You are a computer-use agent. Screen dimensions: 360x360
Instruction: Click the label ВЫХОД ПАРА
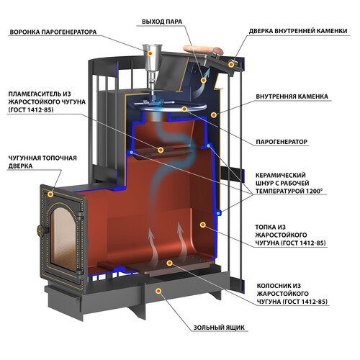[x=162, y=22]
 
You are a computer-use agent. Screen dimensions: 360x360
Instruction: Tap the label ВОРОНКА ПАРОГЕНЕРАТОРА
[x=53, y=32]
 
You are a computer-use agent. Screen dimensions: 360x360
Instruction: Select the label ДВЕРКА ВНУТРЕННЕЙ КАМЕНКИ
[x=298, y=31]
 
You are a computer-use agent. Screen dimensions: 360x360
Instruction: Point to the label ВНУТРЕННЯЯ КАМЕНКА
[x=292, y=96]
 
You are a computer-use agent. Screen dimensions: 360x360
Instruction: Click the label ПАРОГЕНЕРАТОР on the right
[x=282, y=142]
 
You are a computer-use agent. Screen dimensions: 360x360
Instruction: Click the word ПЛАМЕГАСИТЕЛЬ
[x=36, y=94]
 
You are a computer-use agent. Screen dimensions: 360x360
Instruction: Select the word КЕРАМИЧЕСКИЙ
[x=281, y=175]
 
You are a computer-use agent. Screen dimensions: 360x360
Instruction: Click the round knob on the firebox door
[x=41, y=230]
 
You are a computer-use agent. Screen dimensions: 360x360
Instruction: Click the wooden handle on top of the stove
[x=203, y=50]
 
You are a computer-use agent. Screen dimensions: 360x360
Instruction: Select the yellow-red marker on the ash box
[x=158, y=291]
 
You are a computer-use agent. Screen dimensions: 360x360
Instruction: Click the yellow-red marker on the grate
[x=170, y=264]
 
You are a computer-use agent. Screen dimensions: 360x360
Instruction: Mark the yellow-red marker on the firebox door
[x=50, y=194]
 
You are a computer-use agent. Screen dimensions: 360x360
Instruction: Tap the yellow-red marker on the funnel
[x=150, y=53]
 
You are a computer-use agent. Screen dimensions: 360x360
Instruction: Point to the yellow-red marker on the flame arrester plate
[x=161, y=150]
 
